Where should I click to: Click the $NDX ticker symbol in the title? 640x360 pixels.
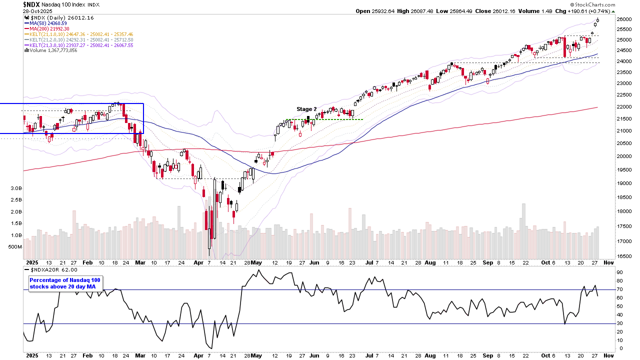(x=31, y=4)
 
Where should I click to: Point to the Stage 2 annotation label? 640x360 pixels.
(x=306, y=109)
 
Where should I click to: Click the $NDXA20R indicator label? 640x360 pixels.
(x=47, y=269)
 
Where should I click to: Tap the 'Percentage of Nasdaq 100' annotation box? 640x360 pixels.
(x=65, y=283)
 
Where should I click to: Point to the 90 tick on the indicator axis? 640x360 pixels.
(x=619, y=272)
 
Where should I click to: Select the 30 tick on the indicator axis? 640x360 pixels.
(x=619, y=323)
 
